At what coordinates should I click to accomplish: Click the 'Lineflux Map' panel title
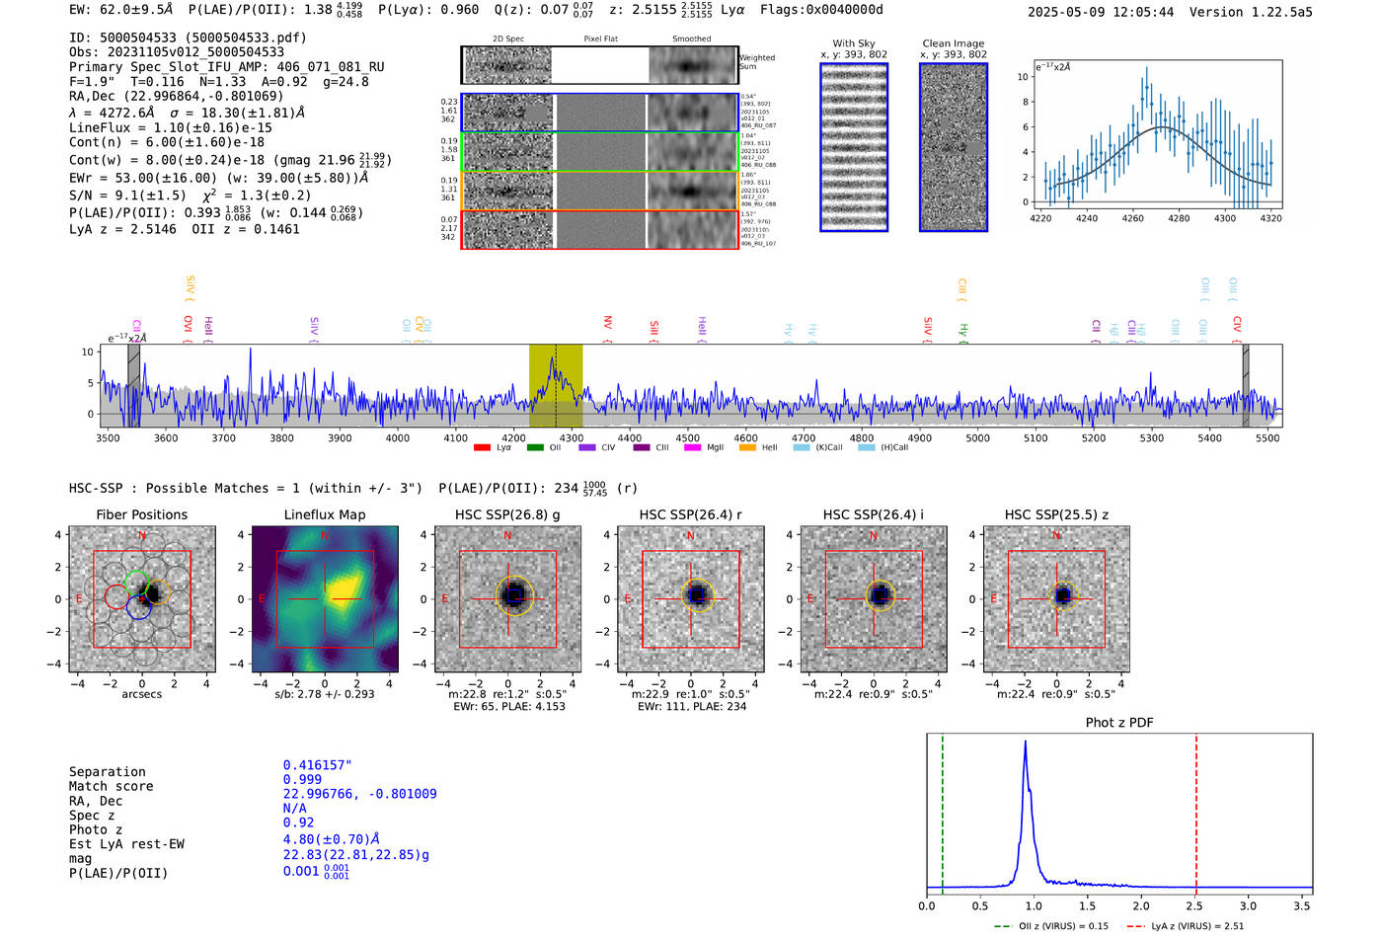click(x=324, y=514)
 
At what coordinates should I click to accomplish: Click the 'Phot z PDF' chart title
click(x=1118, y=723)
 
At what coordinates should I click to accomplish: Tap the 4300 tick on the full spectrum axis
click(x=572, y=437)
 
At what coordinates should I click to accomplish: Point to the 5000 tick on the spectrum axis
click(x=977, y=437)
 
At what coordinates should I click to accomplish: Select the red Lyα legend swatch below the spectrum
click(x=482, y=448)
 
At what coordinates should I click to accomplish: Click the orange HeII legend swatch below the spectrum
click(x=747, y=448)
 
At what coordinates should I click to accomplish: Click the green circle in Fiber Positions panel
click(x=136, y=583)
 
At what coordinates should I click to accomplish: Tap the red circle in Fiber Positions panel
click(x=115, y=596)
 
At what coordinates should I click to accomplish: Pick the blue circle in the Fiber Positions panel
click(x=138, y=607)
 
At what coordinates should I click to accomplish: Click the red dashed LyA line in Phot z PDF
click(x=1196, y=810)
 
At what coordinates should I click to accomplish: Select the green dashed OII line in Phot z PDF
click(x=943, y=810)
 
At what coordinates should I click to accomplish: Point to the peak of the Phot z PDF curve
click(x=1026, y=743)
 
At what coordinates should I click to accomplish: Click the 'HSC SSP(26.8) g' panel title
click(x=506, y=514)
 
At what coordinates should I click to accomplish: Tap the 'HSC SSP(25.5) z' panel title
click(x=1056, y=514)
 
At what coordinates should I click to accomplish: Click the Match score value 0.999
click(x=302, y=780)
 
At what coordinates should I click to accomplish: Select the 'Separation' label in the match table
click(x=107, y=772)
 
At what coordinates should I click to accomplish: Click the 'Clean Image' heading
click(x=953, y=43)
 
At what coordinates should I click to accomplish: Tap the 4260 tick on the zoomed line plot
click(x=1132, y=218)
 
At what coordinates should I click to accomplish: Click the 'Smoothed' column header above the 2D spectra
click(x=691, y=39)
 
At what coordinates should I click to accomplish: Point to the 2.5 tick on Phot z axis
click(x=1195, y=905)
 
